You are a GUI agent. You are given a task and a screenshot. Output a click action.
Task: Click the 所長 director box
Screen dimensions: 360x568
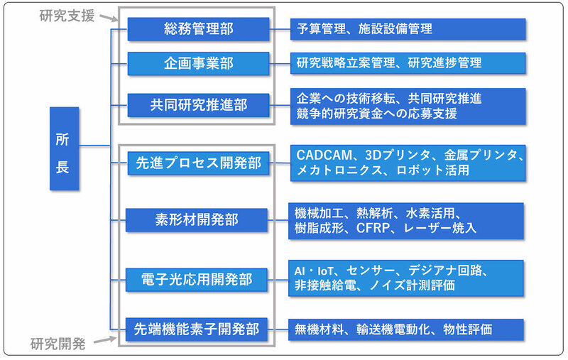tap(63, 148)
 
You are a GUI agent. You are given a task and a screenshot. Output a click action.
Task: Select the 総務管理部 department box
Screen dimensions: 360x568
tap(198, 29)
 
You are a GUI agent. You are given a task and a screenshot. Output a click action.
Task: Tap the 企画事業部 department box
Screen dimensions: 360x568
tap(198, 62)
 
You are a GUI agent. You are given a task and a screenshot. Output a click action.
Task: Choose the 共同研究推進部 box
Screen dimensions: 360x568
tap(198, 104)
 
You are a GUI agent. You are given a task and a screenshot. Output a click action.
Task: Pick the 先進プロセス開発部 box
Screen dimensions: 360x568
tap(198, 163)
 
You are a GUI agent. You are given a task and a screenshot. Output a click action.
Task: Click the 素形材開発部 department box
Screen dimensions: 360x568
tap(198, 219)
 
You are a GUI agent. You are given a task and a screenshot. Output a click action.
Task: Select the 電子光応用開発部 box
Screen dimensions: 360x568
tap(198, 279)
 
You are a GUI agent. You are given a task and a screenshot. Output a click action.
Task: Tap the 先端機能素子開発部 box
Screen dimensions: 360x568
tap(198, 329)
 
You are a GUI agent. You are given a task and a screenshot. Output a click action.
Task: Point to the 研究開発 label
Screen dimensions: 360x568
tap(58, 345)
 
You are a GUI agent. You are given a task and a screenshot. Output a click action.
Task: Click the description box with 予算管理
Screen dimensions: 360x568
tap(408, 29)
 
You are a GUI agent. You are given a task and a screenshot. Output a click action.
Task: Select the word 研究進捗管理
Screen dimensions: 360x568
tap(445, 62)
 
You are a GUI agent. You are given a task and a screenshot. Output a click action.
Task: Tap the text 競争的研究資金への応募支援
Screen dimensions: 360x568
tap(376, 113)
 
